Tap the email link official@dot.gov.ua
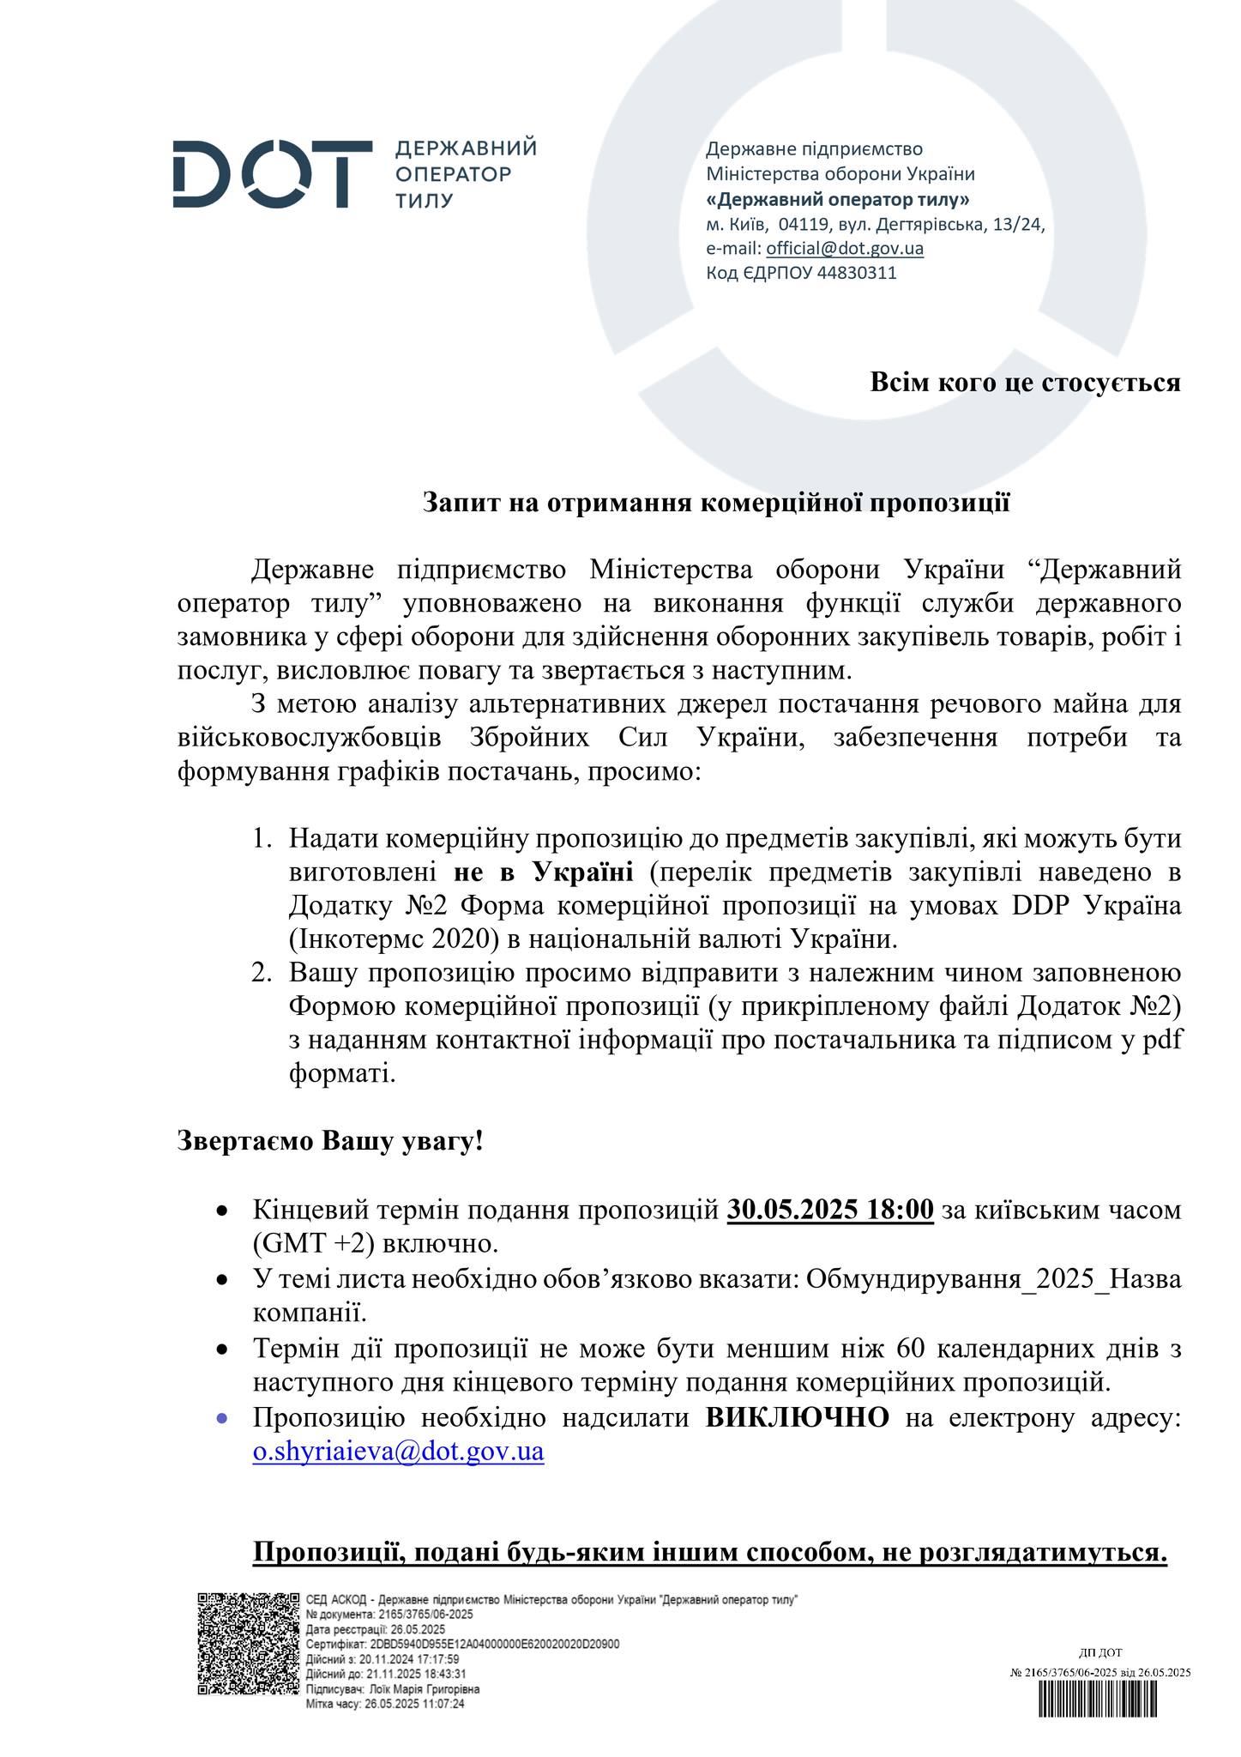tap(844, 249)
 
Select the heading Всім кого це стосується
tap(1025, 382)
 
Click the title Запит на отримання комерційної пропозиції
tap(716, 503)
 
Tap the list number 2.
tap(261, 973)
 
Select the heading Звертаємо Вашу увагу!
tap(330, 1141)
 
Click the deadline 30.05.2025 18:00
tap(830, 1210)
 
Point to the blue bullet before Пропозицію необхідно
tap(221, 1419)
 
